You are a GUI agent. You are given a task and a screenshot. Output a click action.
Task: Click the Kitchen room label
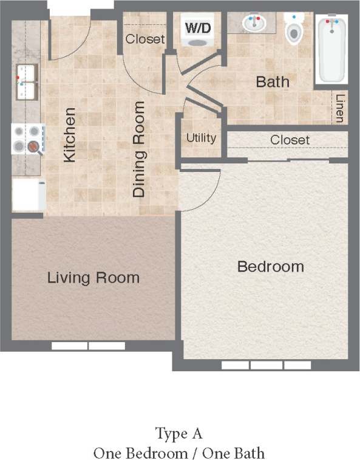point(70,135)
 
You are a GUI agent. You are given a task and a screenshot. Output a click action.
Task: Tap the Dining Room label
point(139,149)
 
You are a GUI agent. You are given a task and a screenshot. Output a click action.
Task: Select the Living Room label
point(93,278)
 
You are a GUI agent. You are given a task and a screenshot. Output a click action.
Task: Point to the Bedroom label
point(270,266)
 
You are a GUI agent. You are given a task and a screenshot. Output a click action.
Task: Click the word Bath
point(273,81)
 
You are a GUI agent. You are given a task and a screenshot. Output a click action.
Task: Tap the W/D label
point(199,27)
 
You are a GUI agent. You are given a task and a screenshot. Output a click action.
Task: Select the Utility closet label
point(201,137)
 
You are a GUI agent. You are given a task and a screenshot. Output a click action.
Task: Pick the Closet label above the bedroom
point(290,140)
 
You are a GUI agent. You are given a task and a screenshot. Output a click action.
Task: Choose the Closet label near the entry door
point(145,39)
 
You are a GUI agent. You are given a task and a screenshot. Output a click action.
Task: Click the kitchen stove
point(28,139)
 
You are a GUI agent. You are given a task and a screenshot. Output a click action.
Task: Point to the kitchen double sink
point(26,77)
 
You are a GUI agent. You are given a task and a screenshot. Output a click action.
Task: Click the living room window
point(88,346)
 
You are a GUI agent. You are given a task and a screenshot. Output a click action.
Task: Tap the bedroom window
point(266,365)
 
